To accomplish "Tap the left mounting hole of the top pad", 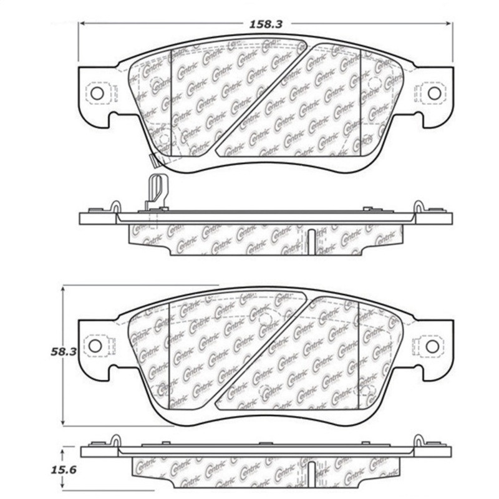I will [x=97, y=93].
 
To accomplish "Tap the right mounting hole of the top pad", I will [x=434, y=93].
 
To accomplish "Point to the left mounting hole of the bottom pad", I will [x=95, y=345].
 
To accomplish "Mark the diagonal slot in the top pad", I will [x=262, y=97].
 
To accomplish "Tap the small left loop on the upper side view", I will [x=115, y=206].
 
